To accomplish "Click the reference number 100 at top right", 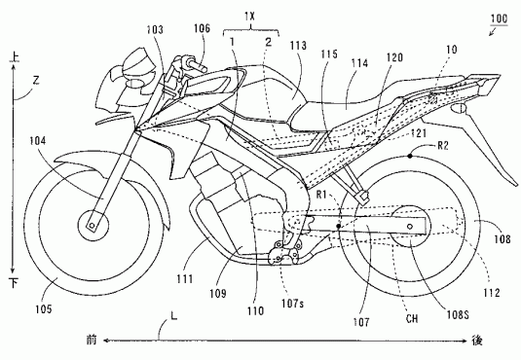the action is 499,18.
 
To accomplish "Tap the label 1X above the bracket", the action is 249,17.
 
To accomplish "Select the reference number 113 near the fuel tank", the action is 298,46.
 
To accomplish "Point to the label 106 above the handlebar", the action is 202,28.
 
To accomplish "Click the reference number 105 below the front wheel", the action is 44,309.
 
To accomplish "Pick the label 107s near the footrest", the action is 292,303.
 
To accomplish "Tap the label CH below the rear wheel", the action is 412,319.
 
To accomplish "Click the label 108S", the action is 458,315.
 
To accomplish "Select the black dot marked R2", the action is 410,155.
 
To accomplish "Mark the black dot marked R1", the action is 338,226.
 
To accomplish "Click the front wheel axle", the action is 92,226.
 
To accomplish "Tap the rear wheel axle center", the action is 410,227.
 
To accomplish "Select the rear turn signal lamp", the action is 459,108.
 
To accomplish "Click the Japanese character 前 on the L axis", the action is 92,341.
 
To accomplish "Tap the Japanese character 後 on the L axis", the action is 477,341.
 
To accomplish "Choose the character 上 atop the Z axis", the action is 15,56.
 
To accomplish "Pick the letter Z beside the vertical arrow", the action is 36,80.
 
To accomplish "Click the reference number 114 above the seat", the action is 359,63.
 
